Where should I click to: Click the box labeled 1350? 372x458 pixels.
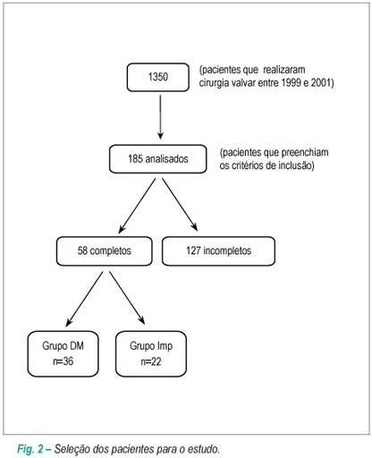click(x=158, y=77)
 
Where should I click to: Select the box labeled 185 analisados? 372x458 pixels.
click(x=158, y=159)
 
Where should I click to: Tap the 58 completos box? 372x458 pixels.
click(x=105, y=251)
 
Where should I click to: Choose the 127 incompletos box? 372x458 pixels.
click(x=218, y=251)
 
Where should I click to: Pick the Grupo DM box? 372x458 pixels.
click(x=63, y=353)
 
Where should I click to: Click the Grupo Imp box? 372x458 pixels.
click(x=151, y=353)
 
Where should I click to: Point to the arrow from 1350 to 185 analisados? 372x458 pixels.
click(x=160, y=117)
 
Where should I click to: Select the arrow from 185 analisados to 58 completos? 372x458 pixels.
click(x=137, y=206)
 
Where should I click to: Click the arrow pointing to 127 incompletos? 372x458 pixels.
click(x=180, y=205)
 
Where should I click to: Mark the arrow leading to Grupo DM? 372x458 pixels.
click(x=84, y=299)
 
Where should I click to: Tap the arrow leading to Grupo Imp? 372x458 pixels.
click(x=127, y=298)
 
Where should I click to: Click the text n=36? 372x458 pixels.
click(x=63, y=361)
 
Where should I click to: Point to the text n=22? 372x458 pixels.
click(x=151, y=361)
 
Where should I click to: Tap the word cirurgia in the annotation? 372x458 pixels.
click(x=213, y=82)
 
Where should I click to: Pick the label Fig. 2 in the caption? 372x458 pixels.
click(x=30, y=449)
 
